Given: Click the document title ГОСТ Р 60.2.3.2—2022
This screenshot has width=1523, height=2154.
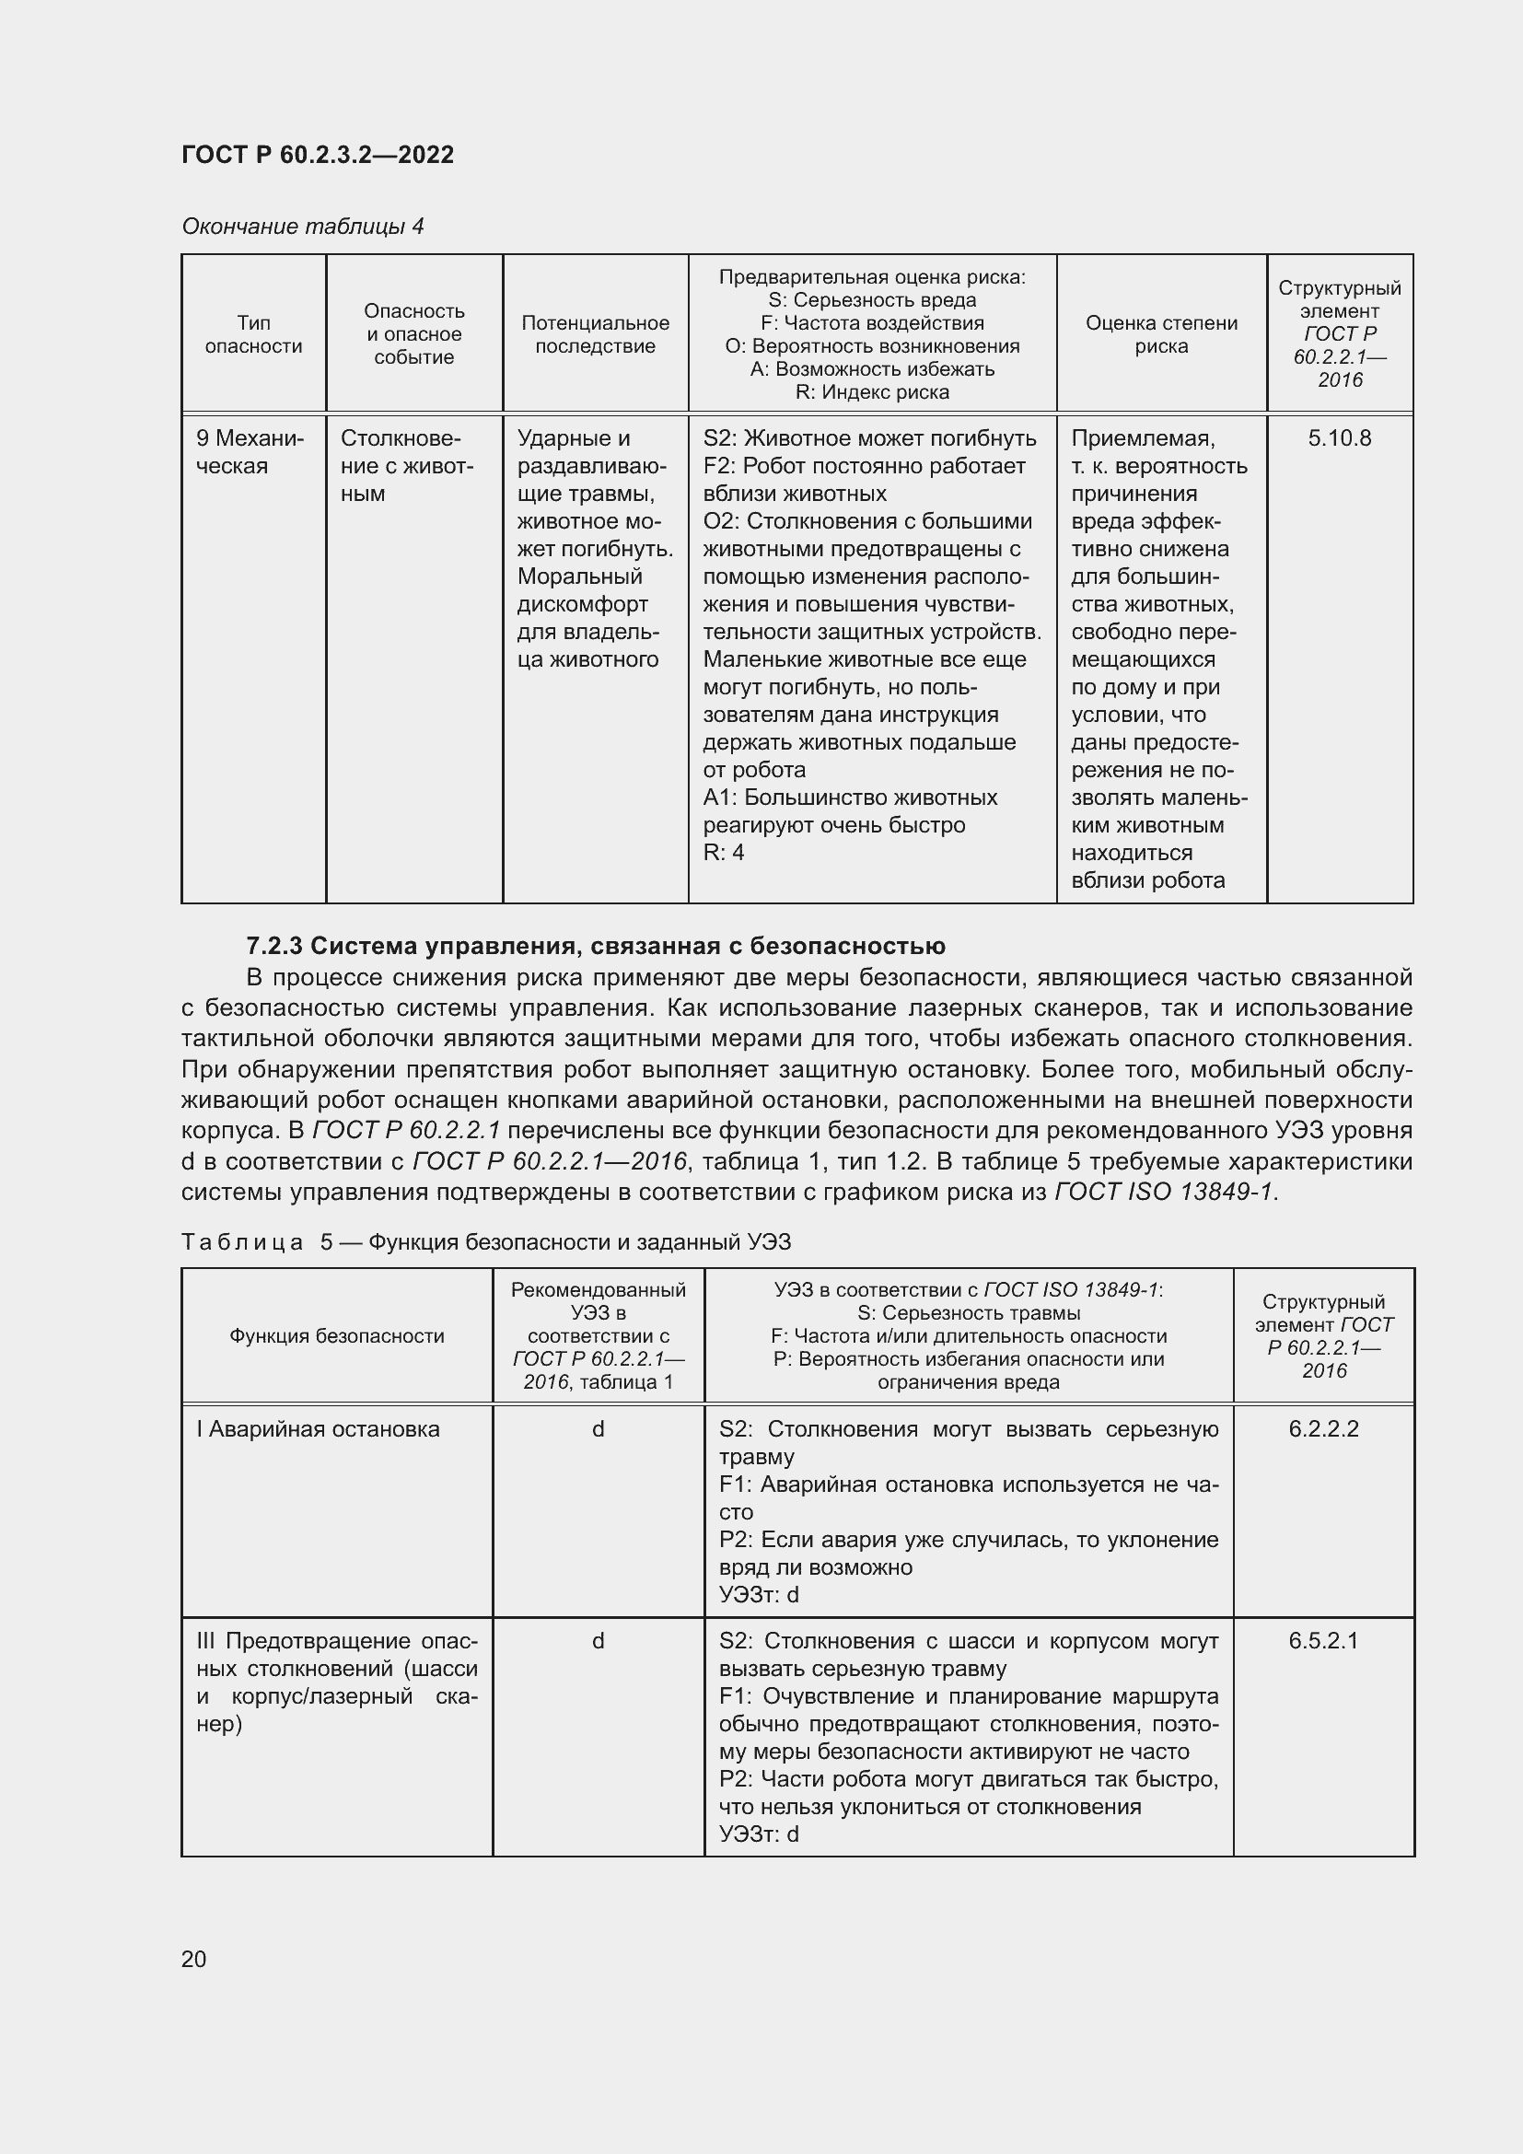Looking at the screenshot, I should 317,155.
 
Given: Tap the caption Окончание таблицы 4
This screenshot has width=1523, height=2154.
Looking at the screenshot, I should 302,227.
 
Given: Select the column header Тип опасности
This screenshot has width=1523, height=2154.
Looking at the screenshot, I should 253,334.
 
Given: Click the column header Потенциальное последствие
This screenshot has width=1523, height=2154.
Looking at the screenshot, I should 595,334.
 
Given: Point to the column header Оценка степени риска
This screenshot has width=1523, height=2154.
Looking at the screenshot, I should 1161,334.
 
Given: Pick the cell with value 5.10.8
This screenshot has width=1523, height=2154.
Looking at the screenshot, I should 1338,438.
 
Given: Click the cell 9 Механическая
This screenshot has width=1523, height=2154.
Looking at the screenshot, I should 250,452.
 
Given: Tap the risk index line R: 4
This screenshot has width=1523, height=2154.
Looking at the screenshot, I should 723,852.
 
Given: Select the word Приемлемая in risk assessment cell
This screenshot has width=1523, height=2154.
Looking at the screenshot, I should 1141,438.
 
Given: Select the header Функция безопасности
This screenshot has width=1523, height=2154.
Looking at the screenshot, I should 337,1336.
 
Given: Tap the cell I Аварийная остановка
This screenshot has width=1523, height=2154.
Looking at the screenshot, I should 317,1429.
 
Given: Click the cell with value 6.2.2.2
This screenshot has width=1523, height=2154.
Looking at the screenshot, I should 1322,1429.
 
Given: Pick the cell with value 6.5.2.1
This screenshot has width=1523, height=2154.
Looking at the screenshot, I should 1322,1641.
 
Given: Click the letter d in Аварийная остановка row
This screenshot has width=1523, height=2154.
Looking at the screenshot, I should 598,1429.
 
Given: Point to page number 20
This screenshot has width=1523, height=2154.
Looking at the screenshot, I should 193,1959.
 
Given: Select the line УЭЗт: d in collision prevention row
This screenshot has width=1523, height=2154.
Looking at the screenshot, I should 758,1834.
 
